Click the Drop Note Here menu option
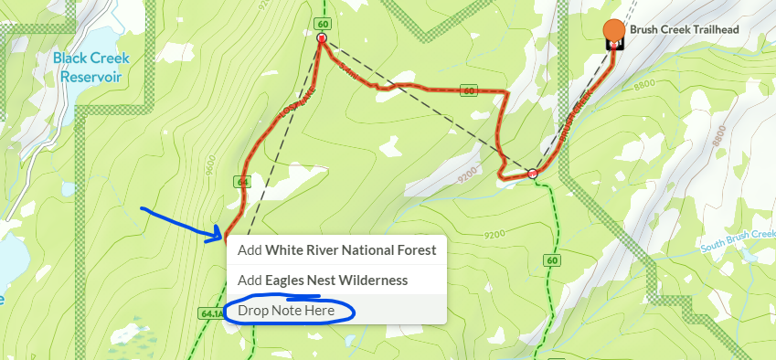286,311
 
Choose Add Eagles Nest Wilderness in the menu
323,281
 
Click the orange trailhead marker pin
614,31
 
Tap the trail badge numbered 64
242,182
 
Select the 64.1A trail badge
209,313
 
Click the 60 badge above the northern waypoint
321,22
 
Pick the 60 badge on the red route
469,90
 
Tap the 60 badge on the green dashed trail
552,261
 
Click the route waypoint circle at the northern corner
322,39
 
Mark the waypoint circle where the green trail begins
532,173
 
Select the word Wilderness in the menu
370,281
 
